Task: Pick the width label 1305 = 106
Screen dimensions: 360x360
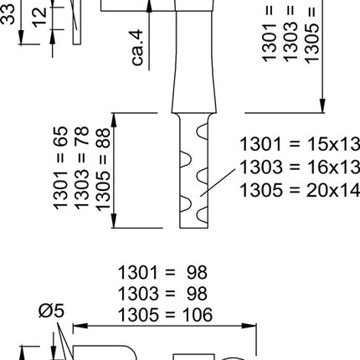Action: pyautogui.click(x=165, y=314)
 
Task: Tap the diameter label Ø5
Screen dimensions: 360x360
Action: pyautogui.click(x=52, y=312)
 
